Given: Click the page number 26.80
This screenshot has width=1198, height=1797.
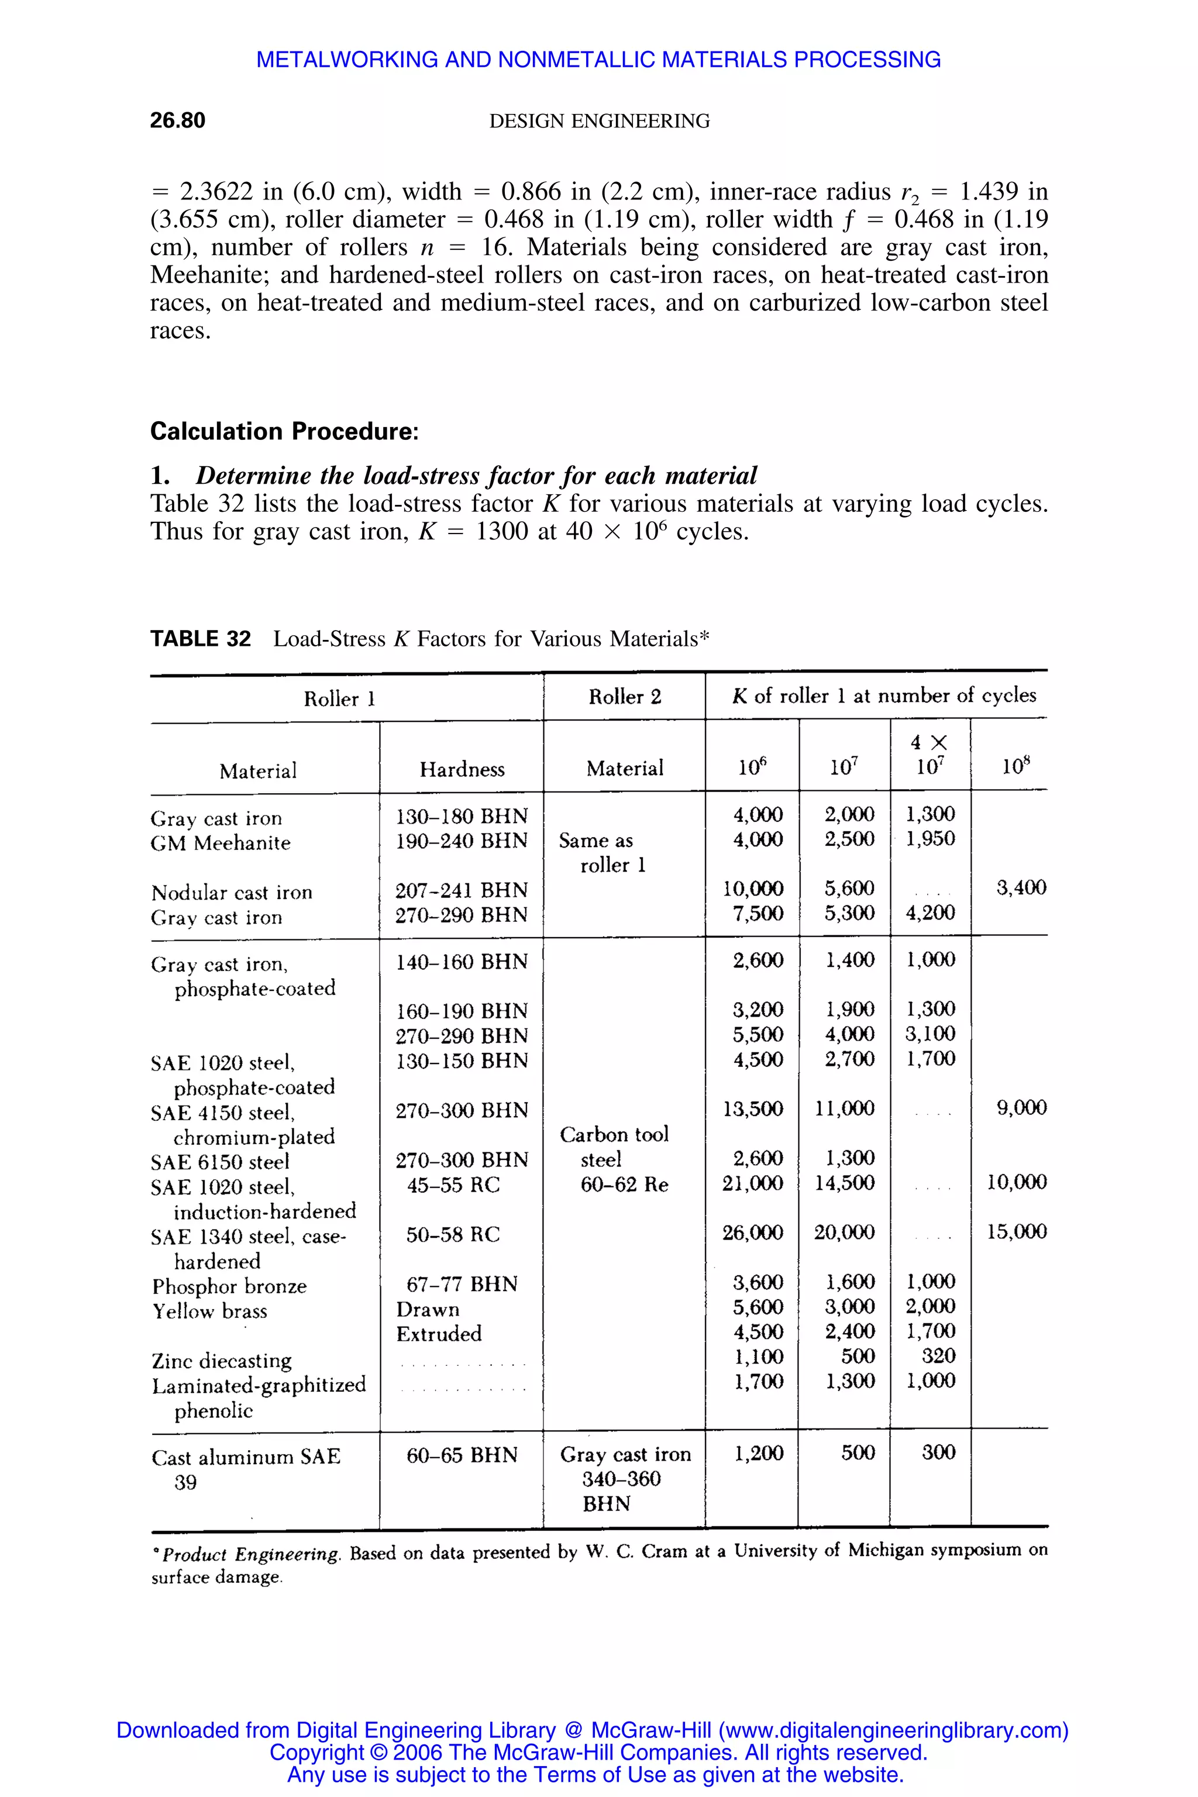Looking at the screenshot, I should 177,121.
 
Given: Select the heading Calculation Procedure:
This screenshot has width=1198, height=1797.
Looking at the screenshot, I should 284,432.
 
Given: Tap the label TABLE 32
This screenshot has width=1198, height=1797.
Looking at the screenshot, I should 200,639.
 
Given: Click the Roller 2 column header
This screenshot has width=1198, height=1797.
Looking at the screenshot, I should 624,697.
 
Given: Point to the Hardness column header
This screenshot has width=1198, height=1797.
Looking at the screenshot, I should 462,769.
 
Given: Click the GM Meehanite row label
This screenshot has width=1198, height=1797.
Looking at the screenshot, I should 221,844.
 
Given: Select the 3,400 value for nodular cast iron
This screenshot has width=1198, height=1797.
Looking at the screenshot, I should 1021,888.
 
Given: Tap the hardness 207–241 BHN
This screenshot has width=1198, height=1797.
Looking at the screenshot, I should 462,890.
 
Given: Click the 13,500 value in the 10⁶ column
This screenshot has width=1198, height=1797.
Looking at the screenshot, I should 753,1109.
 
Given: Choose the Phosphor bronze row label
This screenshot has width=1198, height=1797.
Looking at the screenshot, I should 229,1287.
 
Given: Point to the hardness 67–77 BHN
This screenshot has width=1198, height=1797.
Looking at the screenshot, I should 462,1285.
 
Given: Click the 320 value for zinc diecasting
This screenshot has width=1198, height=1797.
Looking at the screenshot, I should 938,1356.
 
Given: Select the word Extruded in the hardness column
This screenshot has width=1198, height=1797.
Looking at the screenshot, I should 439,1334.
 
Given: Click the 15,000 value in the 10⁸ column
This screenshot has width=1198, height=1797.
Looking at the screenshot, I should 1016,1231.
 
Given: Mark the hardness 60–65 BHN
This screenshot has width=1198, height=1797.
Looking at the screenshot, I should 462,1455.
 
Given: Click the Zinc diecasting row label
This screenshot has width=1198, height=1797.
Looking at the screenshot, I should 222,1361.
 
